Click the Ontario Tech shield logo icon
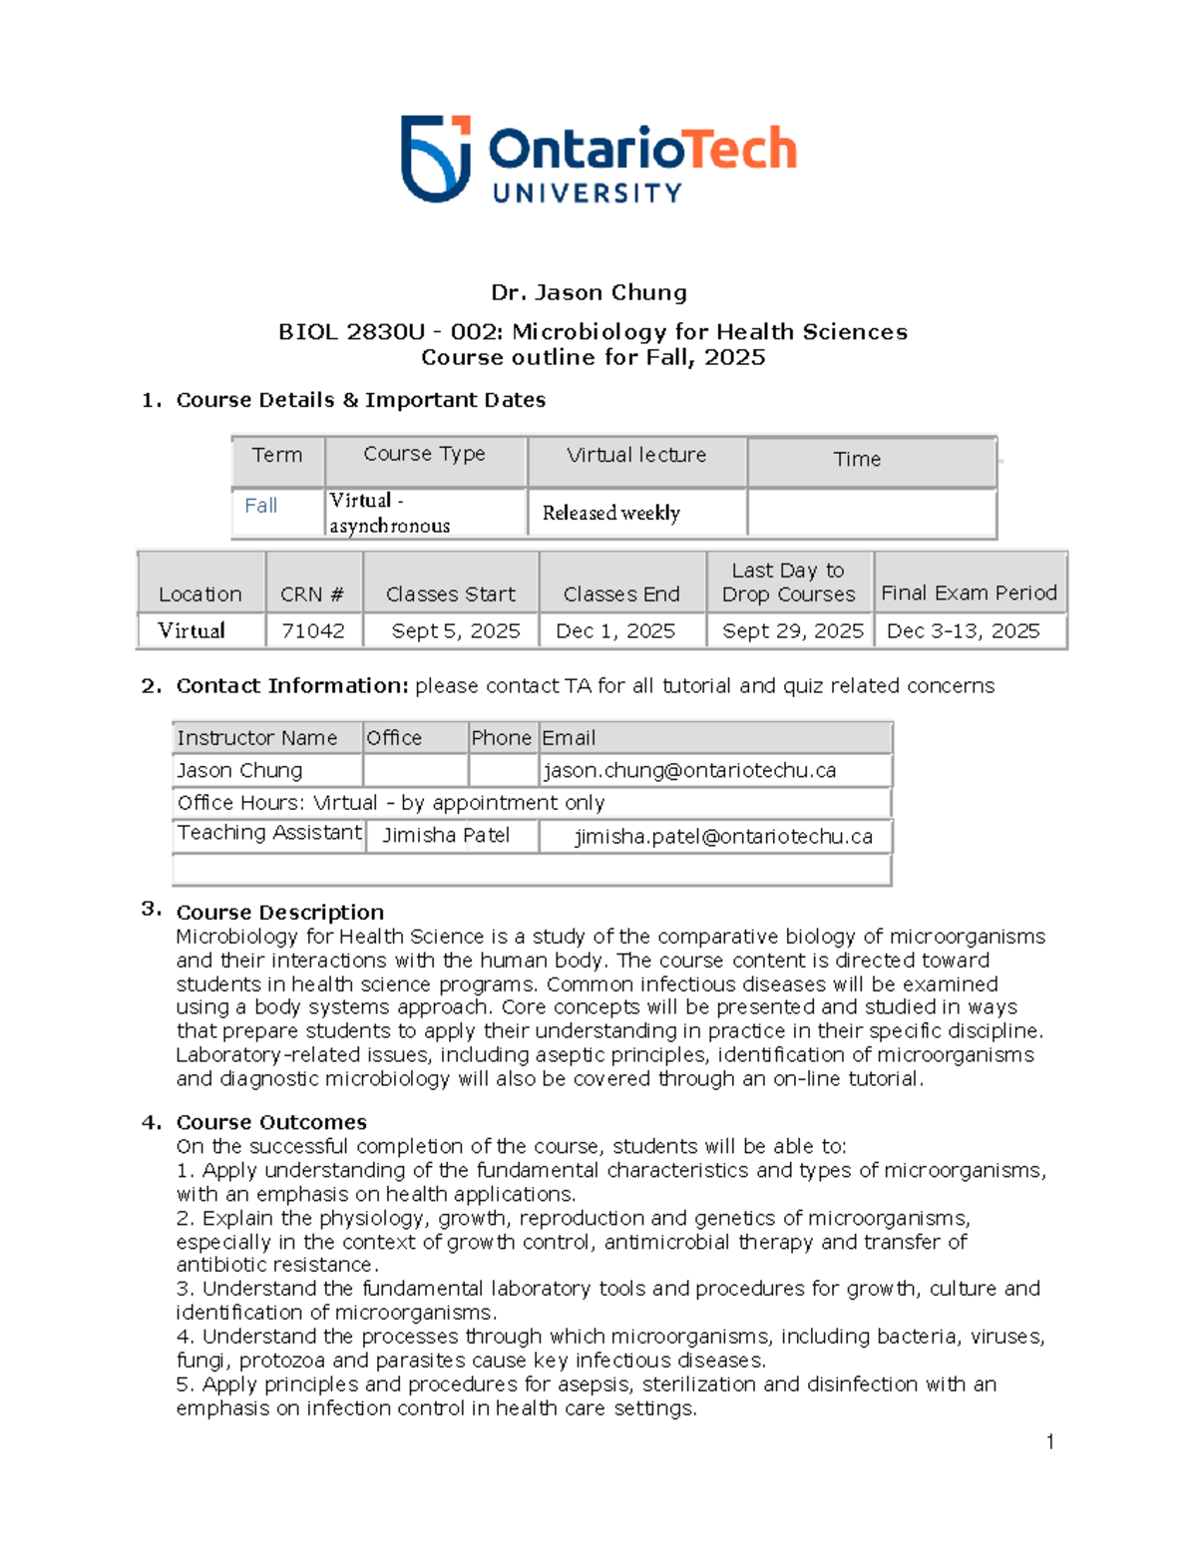click(436, 158)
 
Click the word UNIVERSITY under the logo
click(588, 193)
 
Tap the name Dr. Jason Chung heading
click(589, 292)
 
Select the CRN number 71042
click(313, 631)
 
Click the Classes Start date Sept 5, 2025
click(456, 631)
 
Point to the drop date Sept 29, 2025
click(792, 631)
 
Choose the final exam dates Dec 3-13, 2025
click(963, 631)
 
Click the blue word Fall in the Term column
click(261, 506)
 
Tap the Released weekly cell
click(610, 513)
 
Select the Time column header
click(857, 459)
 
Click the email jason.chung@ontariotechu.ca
click(689, 770)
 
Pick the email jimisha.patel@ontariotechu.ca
click(723, 837)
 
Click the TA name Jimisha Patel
click(446, 836)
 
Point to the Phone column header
click(501, 738)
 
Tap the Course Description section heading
click(279, 912)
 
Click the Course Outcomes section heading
click(271, 1122)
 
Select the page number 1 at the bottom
click(1050, 1441)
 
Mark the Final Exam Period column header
click(969, 592)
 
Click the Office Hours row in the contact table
click(391, 803)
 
